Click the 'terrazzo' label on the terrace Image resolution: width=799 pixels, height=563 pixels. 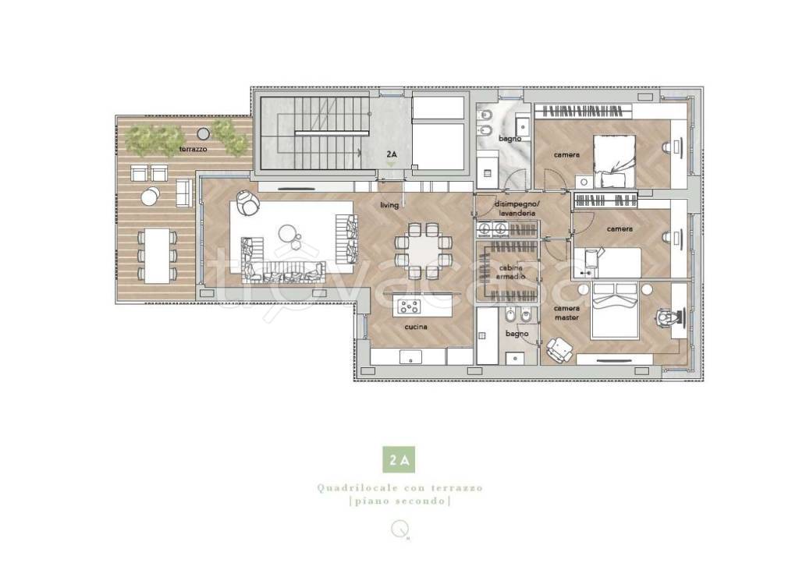click(x=194, y=149)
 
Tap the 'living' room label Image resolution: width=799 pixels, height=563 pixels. click(x=389, y=205)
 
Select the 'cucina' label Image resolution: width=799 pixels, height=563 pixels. click(x=416, y=327)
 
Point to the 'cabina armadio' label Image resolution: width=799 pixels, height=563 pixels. click(x=510, y=272)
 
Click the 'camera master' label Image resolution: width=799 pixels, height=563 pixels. click(x=566, y=313)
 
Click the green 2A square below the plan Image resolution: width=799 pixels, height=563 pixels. click(x=399, y=459)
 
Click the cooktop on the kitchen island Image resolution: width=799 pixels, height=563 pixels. click(x=409, y=306)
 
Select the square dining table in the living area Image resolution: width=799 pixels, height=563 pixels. click(x=424, y=250)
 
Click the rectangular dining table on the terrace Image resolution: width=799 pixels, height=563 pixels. click(x=157, y=256)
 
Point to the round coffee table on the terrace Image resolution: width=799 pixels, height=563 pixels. click(x=151, y=196)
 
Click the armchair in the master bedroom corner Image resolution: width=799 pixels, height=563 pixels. click(x=560, y=350)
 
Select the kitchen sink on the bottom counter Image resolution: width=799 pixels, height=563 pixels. click(x=410, y=357)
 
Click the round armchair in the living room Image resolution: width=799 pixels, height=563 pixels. click(x=247, y=202)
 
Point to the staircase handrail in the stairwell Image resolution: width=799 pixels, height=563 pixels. click(x=332, y=133)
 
